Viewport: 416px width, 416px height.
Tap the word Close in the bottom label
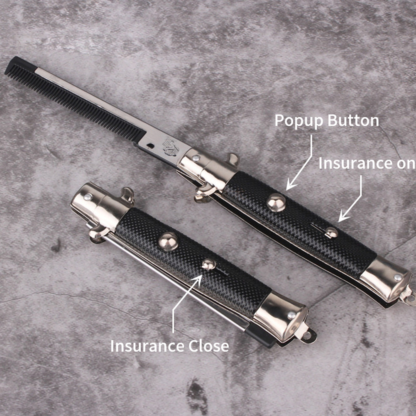coord(209,346)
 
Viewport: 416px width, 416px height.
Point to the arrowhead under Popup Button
coord(291,184)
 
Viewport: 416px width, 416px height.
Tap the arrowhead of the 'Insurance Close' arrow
coord(197,280)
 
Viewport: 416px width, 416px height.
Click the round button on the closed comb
coord(168,242)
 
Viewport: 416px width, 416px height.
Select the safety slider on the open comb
coord(331,232)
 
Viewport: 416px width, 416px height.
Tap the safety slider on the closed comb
coord(208,264)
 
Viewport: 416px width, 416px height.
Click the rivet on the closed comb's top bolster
coord(88,197)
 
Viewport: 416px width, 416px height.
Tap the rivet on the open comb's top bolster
coord(196,158)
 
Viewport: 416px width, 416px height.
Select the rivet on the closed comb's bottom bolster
coord(291,315)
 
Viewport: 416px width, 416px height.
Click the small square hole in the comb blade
coord(150,146)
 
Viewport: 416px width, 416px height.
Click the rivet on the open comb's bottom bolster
coord(397,277)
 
